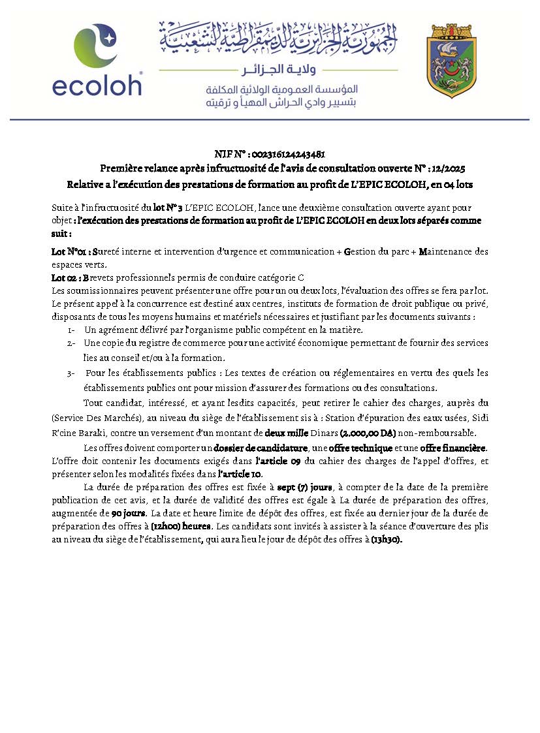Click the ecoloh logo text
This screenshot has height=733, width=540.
click(97, 84)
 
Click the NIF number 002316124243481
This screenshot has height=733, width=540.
click(288, 155)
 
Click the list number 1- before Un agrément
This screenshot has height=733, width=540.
click(72, 330)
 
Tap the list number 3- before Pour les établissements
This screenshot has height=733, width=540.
click(71, 373)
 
